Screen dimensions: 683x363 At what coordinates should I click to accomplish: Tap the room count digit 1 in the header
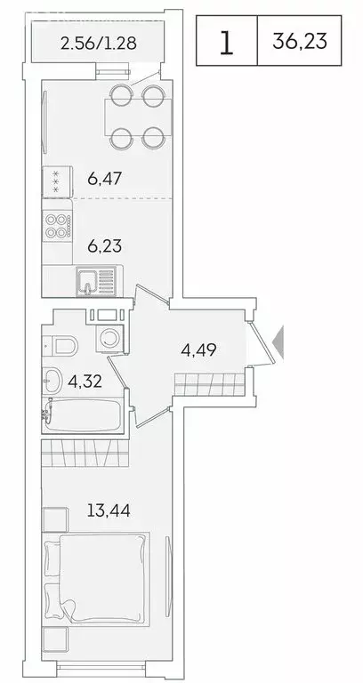(227, 42)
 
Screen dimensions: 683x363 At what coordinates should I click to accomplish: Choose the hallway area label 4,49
(198, 350)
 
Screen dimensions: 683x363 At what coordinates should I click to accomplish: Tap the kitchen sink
(89, 282)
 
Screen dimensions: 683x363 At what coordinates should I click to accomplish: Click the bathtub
(85, 415)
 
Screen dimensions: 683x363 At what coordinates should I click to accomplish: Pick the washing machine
(113, 338)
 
